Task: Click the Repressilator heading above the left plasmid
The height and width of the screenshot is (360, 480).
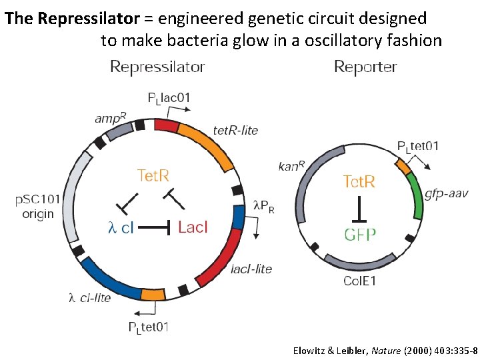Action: [157, 67]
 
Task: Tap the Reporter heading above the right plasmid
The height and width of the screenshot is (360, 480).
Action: [365, 67]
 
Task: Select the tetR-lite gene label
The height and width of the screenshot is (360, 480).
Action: [235, 129]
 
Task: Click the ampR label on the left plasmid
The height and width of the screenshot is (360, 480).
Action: [108, 119]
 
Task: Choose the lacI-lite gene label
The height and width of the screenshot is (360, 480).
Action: [251, 269]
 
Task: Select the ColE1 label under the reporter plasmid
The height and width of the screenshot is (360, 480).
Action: [359, 281]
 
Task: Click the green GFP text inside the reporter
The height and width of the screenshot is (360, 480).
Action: [360, 234]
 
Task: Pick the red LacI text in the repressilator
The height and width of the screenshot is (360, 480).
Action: [193, 227]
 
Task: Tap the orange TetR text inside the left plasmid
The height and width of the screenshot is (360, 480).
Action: [153, 175]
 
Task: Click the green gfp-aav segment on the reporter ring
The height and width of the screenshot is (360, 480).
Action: [416, 195]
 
